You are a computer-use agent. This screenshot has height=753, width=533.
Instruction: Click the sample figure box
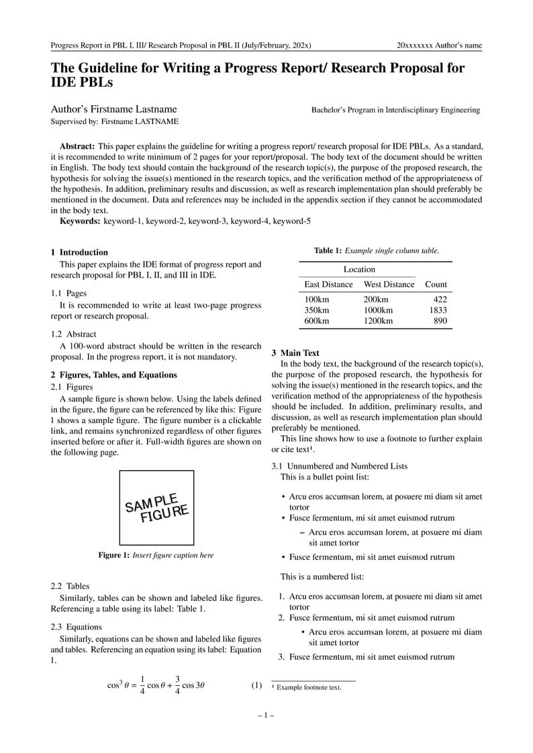click(156, 508)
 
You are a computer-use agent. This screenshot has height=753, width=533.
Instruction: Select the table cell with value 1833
click(438, 310)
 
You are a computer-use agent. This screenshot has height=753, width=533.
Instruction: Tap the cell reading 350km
click(317, 310)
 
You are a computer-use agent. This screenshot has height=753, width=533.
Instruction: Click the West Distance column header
click(389, 284)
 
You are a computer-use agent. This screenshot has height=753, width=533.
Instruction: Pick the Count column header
click(436, 284)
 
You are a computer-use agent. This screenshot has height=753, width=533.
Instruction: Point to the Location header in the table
click(359, 269)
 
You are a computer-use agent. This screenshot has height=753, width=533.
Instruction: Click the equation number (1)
click(256, 685)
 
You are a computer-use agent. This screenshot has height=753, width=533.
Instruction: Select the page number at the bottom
click(266, 715)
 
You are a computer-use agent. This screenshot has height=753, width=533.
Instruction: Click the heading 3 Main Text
click(295, 353)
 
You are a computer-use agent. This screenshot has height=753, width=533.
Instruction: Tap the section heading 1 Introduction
click(79, 252)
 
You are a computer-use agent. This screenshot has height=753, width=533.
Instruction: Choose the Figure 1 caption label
click(113, 555)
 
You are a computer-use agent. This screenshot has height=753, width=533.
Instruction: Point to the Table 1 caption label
click(328, 251)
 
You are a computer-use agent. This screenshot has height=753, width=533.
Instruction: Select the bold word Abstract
click(77, 146)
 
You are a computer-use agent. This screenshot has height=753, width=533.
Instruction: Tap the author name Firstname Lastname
click(114, 109)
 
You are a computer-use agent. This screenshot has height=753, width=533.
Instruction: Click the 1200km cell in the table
click(378, 321)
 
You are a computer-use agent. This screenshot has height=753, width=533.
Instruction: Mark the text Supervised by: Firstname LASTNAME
click(115, 122)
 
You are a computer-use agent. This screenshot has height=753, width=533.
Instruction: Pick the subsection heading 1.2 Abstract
click(74, 334)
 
